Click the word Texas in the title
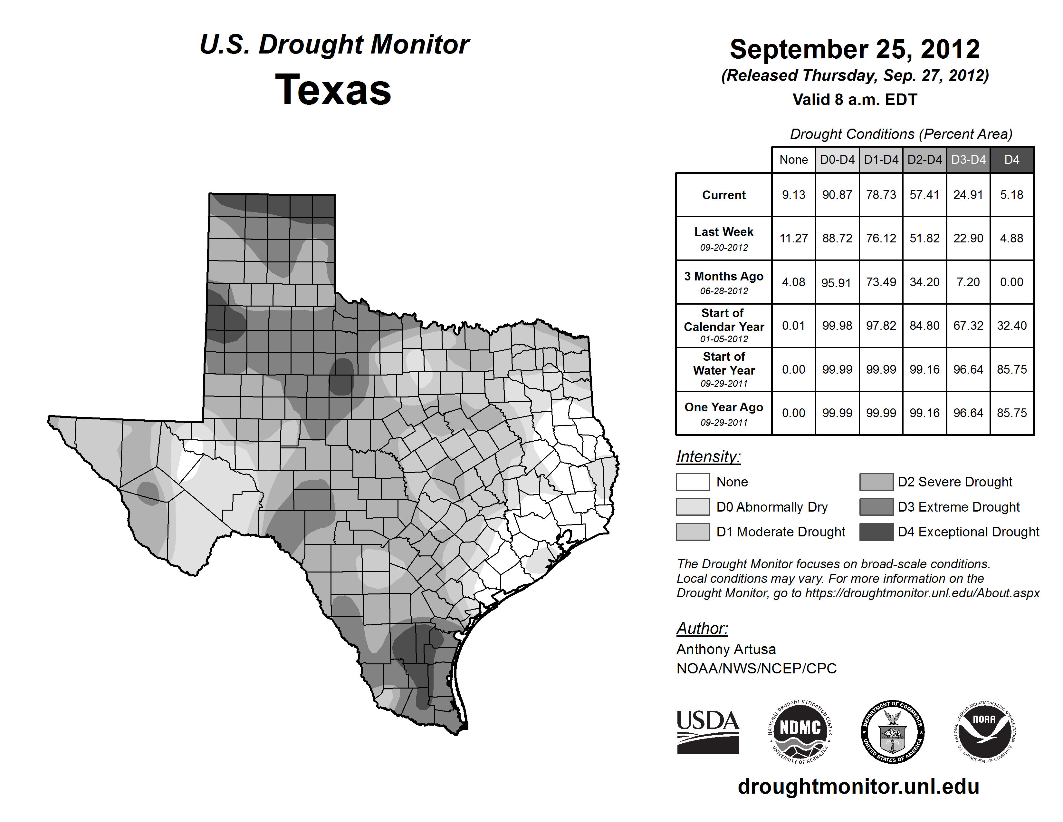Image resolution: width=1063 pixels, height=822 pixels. pos(333,90)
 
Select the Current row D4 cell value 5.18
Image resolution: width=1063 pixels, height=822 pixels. pos(1011,195)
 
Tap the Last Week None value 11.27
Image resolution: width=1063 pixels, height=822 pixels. pos(793,238)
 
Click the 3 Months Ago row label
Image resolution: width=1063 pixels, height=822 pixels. pos(724,282)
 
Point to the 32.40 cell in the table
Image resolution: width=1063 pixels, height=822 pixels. pos(1011,325)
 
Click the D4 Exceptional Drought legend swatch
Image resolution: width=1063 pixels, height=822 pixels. pos(876,532)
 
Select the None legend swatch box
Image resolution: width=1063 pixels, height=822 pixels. pos(693,482)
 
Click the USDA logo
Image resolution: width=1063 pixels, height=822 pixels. pos(708,731)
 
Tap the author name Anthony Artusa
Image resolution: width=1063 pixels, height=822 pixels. pos(726,649)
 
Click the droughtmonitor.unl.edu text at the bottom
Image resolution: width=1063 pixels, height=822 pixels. pos(858,787)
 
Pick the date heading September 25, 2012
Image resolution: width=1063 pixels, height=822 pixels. pos(855,49)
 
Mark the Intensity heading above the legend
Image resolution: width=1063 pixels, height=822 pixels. pos(708,457)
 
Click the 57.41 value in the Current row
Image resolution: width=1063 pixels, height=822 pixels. pos(924,195)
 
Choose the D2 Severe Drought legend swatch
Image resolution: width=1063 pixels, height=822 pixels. pos(876,482)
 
